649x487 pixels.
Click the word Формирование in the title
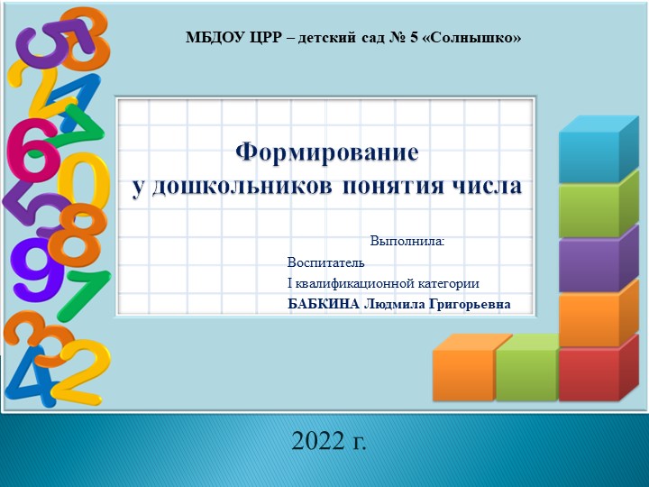click(x=327, y=152)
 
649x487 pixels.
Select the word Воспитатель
click(x=325, y=262)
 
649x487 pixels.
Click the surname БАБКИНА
click(x=323, y=304)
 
